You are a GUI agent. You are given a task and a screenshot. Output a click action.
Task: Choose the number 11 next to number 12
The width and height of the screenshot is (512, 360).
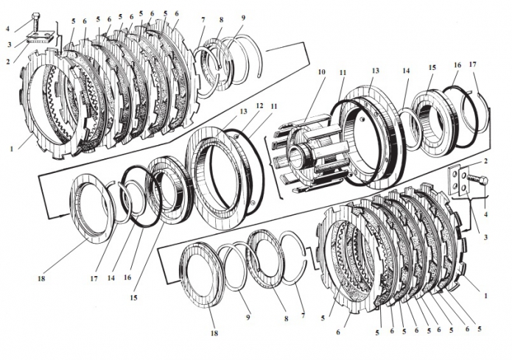click(273, 107)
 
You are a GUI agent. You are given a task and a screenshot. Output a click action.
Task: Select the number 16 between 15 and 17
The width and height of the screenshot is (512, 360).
click(458, 65)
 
